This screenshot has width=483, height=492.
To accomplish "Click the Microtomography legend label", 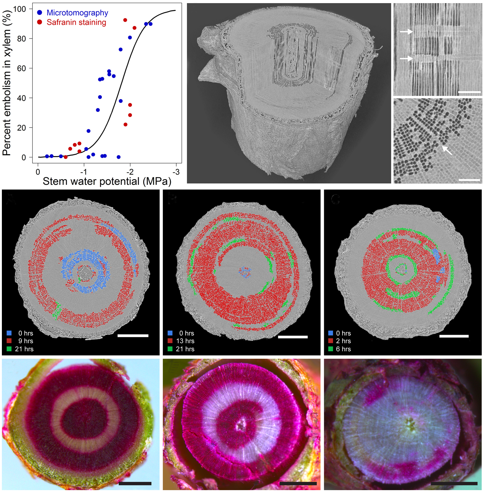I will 77,13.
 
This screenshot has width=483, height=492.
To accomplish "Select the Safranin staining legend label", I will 76,23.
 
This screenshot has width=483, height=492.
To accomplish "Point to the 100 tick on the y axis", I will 19,9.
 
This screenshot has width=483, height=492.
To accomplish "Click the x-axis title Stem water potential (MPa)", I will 107,181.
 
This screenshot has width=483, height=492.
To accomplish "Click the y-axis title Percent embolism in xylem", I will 7,83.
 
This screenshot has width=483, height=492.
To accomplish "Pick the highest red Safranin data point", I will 125,20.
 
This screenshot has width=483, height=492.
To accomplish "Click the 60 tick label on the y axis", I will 21,68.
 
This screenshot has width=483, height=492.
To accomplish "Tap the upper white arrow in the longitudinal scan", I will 406,31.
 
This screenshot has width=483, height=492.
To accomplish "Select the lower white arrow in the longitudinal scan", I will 406,58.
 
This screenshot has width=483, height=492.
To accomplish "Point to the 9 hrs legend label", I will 26,341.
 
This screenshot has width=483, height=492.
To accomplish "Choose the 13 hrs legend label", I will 185,341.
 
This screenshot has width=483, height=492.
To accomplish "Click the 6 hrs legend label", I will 343,349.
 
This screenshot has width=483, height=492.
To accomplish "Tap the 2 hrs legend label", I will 343,341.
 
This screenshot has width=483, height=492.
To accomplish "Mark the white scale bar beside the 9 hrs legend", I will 133,336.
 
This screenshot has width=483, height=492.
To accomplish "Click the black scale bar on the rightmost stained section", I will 454,483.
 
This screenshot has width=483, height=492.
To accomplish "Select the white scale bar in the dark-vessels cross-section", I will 469,180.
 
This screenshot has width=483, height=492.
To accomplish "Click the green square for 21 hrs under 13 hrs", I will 170,349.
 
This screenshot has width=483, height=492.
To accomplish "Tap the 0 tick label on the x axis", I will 38,172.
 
